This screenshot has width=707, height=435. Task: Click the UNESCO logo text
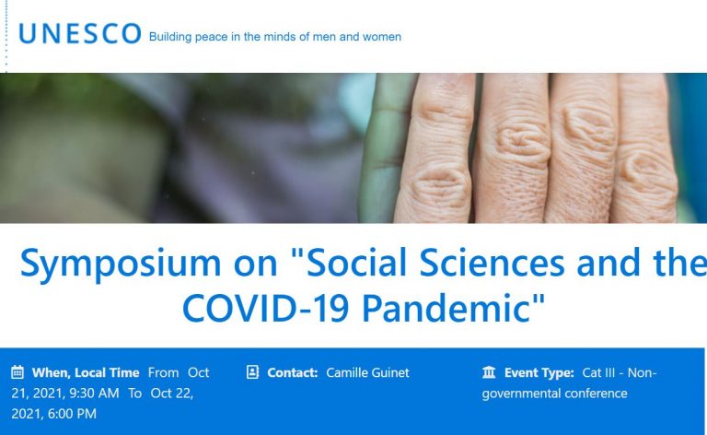80,34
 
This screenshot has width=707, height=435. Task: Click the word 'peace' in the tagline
211,37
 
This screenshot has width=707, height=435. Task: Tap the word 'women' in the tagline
382,37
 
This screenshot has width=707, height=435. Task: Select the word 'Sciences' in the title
493,262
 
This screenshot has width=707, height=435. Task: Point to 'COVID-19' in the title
265,309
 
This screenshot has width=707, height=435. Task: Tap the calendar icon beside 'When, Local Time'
17,372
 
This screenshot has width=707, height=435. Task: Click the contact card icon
252,372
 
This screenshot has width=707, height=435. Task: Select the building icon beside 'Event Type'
489,372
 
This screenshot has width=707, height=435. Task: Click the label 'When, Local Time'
86,372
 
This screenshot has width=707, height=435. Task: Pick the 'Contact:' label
293,372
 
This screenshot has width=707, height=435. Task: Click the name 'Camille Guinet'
367,372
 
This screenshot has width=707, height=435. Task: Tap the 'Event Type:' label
539,372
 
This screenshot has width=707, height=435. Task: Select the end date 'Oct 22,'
172,394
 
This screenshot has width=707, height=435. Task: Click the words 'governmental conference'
554,394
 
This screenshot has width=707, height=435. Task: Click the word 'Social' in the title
356,262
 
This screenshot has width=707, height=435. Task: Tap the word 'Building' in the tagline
170,37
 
